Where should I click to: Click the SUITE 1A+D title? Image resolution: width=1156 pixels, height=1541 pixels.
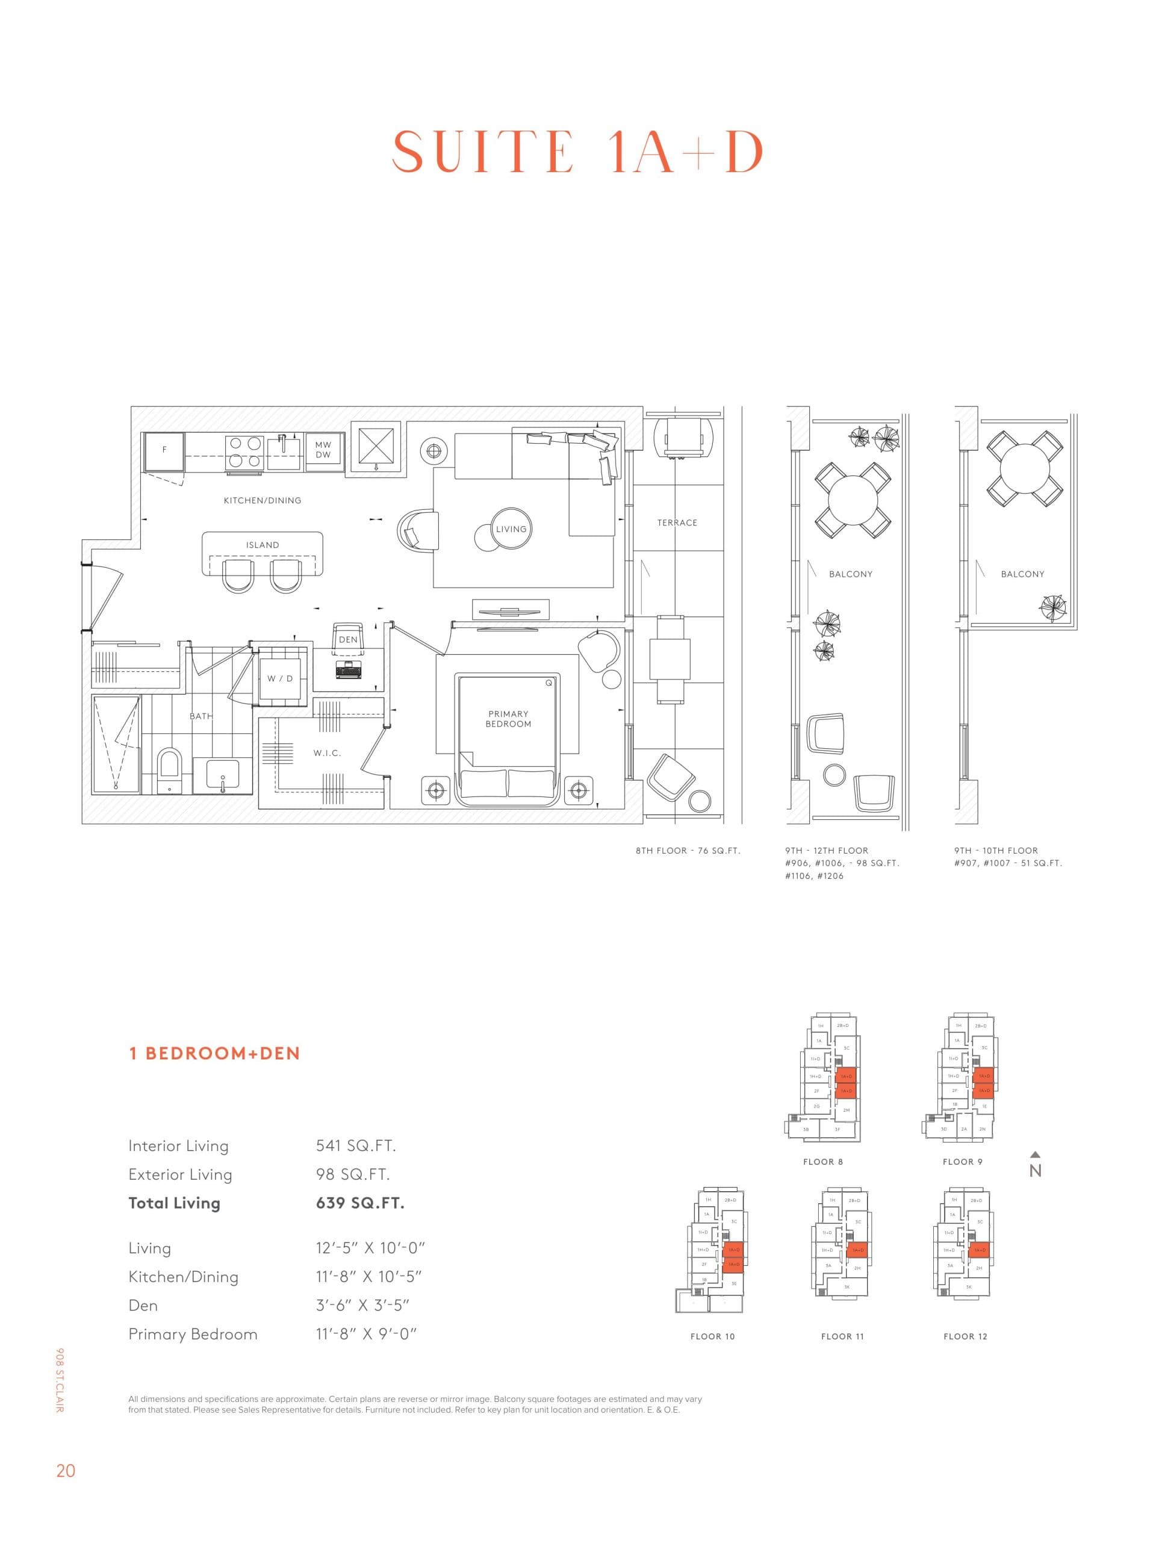[x=577, y=152]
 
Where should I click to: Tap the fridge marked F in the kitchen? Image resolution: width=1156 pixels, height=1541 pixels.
[x=164, y=451]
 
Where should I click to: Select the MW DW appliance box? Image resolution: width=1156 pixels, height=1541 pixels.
[x=323, y=449]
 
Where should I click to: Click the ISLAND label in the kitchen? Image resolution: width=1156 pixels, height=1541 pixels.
[x=262, y=545]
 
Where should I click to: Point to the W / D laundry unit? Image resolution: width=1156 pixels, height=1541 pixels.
[x=280, y=678]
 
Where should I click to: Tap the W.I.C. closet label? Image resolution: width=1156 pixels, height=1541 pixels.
[x=327, y=753]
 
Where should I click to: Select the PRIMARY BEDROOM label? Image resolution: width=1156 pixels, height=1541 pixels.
[x=508, y=719]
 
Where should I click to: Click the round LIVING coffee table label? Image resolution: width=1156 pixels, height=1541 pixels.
[x=511, y=529]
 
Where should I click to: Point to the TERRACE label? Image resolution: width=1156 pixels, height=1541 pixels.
[x=677, y=522]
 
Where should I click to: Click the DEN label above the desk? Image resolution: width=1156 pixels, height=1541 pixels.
[x=348, y=639]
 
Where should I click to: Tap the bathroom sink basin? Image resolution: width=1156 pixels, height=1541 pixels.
[x=222, y=775]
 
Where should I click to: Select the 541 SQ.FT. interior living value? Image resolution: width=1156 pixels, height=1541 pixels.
[x=355, y=1146]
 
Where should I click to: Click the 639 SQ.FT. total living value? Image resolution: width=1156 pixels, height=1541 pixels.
[x=359, y=1203]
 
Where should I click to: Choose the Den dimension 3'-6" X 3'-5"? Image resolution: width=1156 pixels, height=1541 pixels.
[x=362, y=1305]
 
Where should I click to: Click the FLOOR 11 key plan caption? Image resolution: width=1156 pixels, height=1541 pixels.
[x=842, y=1336]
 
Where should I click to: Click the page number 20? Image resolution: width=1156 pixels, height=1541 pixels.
[x=66, y=1471]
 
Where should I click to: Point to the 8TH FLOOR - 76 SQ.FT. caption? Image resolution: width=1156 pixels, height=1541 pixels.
[x=687, y=851]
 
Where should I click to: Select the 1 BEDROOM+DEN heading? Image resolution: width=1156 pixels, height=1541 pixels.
[x=214, y=1053]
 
